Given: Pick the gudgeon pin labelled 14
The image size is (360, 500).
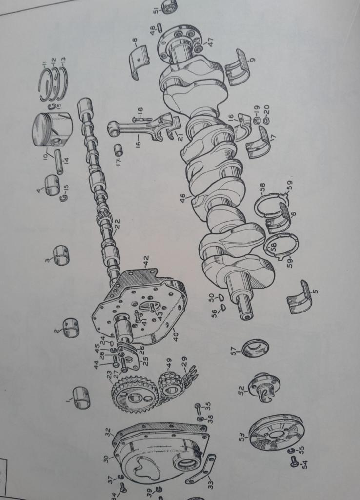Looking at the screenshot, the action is pyautogui.click(x=59, y=162).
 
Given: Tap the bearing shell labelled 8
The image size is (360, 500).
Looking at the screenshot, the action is pyautogui.click(x=139, y=62).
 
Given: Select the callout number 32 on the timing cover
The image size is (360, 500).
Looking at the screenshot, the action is pyautogui.click(x=108, y=433).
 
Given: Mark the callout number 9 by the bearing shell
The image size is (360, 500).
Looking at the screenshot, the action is pyautogui.click(x=252, y=59).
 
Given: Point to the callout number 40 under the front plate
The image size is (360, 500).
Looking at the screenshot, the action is pyautogui.click(x=176, y=335).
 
